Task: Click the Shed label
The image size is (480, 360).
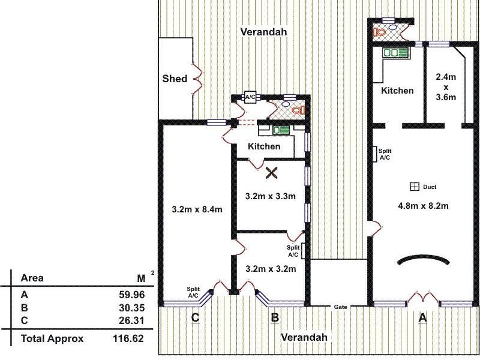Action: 175,79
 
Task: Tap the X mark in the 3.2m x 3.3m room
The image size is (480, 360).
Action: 271,173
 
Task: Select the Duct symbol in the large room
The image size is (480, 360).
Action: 414,186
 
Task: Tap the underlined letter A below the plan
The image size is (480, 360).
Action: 422,319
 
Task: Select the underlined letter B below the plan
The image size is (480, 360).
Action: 274,318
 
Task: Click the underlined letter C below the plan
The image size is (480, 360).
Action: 195,318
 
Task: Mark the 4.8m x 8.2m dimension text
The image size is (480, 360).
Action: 424,206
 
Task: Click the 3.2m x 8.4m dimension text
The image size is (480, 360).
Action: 197,209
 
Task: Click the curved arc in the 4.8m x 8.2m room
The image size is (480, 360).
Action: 424,259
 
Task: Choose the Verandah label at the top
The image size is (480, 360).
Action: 262,31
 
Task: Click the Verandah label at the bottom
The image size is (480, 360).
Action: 304,337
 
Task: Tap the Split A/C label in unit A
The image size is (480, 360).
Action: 385,154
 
